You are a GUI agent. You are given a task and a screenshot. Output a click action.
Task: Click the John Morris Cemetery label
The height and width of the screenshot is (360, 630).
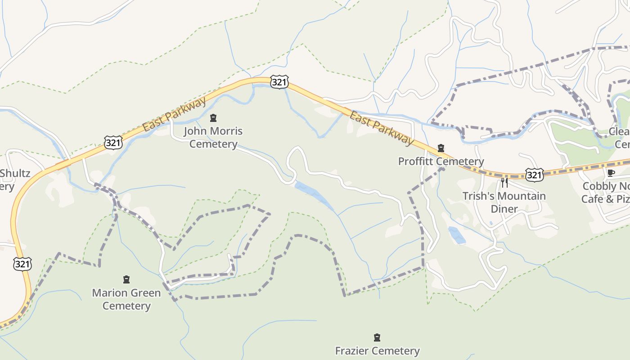pyautogui.click(x=213, y=138)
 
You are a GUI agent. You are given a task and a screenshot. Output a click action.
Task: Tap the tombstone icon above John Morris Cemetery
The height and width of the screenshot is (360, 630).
pyautogui.click(x=213, y=118)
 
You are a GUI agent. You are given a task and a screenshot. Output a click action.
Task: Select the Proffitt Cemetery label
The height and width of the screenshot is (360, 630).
pyautogui.click(x=441, y=161)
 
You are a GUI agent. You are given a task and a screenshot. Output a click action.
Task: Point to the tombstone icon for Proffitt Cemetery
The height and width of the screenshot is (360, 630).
pyautogui.click(x=441, y=148)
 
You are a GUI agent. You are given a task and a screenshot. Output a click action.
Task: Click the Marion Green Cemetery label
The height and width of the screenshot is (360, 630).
pyautogui.click(x=126, y=299)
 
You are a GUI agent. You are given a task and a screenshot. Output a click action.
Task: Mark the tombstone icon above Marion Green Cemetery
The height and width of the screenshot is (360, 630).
pyautogui.click(x=126, y=279)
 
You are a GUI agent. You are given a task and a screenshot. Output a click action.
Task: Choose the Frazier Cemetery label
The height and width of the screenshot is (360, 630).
pyautogui.click(x=377, y=351)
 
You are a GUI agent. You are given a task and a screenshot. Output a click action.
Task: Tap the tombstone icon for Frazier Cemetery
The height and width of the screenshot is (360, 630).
pyautogui.click(x=377, y=337)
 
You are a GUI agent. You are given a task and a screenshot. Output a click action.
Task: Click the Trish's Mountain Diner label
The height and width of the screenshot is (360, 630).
pyautogui.click(x=504, y=202)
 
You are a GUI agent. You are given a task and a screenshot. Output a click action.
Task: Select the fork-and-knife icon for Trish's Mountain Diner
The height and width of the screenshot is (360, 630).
pyautogui.click(x=504, y=182)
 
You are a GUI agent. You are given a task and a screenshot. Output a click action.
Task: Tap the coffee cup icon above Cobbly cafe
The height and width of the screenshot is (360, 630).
pyautogui.click(x=611, y=173)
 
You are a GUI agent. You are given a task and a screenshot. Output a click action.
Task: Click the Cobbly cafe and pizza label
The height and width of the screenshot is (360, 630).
pyautogui.click(x=605, y=193)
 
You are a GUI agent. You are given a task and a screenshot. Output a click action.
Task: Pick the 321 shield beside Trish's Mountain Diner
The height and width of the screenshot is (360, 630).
pyautogui.click(x=534, y=175)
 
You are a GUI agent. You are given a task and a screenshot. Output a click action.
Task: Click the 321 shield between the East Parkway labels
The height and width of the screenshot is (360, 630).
pyautogui.click(x=279, y=82)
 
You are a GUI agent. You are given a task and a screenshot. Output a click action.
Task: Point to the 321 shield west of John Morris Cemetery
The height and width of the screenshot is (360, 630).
pyautogui.click(x=113, y=142)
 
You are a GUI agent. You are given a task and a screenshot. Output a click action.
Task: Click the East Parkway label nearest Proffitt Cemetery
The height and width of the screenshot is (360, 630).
pyautogui.click(x=382, y=129)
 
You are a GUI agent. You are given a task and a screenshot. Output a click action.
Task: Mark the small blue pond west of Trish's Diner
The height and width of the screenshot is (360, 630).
pyautogui.click(x=457, y=235)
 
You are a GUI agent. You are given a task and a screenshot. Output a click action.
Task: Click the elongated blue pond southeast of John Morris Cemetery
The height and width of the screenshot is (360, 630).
pyautogui.click(x=314, y=195)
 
